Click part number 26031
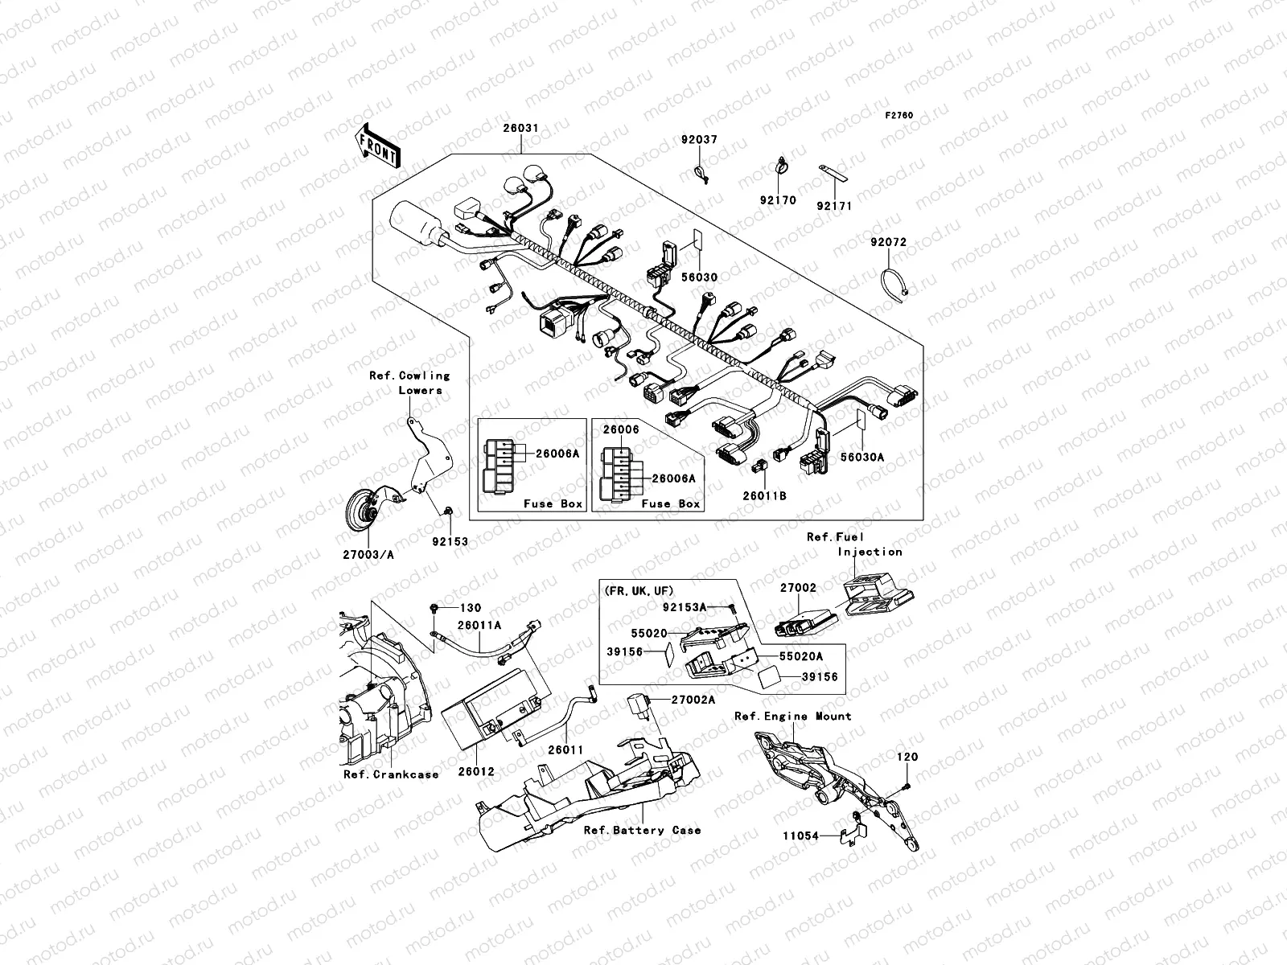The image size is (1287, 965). point(521,129)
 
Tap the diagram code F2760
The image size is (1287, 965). point(899,115)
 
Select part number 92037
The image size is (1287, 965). point(700,140)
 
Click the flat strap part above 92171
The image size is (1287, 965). point(834,174)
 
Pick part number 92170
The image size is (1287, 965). point(778,200)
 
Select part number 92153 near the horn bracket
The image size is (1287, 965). point(449,542)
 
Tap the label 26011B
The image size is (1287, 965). point(764,496)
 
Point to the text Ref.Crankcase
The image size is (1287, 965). point(391,774)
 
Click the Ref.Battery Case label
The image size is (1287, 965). point(642,830)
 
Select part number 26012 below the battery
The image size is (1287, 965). point(478,771)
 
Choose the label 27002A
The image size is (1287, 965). point(694,700)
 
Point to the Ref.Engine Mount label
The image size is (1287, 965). point(792,716)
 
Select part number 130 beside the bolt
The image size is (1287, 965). point(470,608)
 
